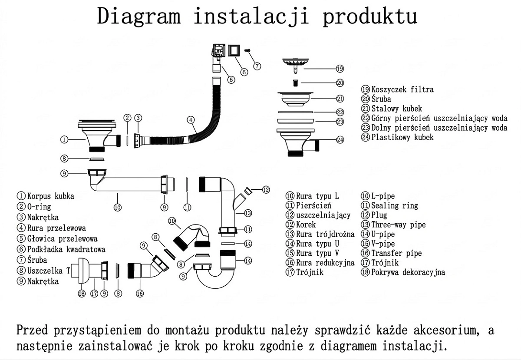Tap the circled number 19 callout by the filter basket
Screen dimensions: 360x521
click(340, 68)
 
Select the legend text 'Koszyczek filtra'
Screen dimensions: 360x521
click(402, 89)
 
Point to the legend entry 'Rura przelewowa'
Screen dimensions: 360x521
click(56, 228)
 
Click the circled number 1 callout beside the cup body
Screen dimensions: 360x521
click(64, 139)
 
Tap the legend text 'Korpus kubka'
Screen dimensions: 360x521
click(50, 196)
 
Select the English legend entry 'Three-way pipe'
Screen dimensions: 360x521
click(398, 225)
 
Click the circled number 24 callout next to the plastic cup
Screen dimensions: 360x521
click(340, 140)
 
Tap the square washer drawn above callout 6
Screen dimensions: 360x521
click(234, 50)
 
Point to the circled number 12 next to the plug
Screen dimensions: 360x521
click(266, 189)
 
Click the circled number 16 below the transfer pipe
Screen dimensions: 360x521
click(139, 294)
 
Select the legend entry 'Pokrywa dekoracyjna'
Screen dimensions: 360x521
click(408, 272)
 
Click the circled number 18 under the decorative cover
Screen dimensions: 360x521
click(82, 294)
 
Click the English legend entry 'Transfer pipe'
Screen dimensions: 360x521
click(396, 253)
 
